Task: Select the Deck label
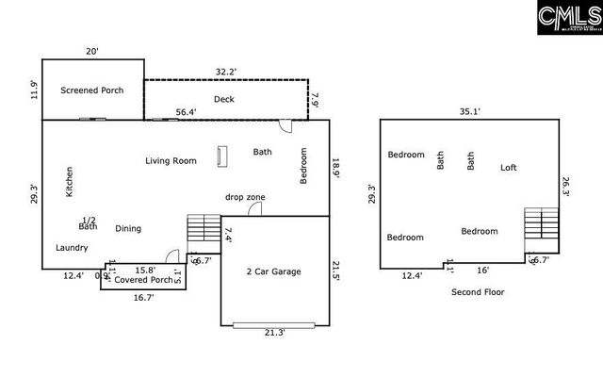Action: (x=223, y=98)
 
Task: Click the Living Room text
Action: (x=171, y=160)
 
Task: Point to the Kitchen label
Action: (x=69, y=182)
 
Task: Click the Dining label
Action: (x=128, y=228)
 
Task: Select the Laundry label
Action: (x=72, y=248)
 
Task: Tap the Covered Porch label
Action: (x=143, y=280)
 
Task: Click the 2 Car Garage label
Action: (x=273, y=271)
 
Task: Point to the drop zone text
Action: (x=245, y=197)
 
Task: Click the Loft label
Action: (x=508, y=168)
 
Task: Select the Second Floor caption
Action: (x=478, y=292)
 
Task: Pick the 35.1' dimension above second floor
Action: (x=470, y=110)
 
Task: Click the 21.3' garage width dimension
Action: (x=273, y=332)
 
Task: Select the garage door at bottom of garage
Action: (x=273, y=324)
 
